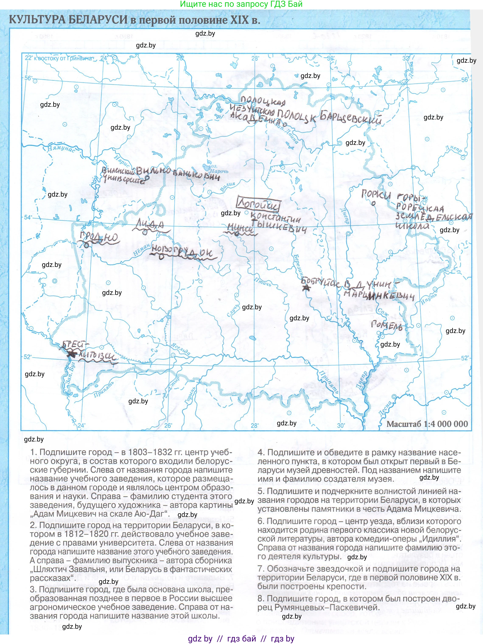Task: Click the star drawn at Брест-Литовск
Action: pos(70,354)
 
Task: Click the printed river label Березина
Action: pos(298,266)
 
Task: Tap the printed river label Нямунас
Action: pos(61,149)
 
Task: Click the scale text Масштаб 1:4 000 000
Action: pos(427,424)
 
